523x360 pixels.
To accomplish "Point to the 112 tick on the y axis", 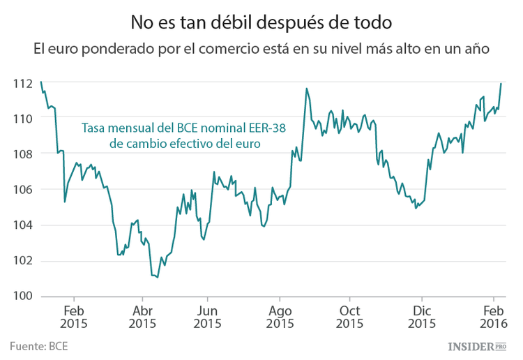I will [22, 84].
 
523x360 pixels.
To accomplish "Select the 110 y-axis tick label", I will [22, 119].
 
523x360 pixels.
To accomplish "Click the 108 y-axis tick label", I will [22, 154].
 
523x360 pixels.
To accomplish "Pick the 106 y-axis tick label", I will [22, 190].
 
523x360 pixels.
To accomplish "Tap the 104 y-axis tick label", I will [22, 225].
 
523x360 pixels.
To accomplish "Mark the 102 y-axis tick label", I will [22, 261].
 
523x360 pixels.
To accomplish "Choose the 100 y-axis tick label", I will [22, 297].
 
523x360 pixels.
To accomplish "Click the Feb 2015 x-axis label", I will [74, 317].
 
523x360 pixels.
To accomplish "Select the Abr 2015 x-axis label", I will [142, 317].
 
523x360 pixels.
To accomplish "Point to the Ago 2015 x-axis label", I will [279, 317].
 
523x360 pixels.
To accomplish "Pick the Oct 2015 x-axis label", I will [350, 317].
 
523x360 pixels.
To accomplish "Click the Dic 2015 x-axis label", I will [422, 317].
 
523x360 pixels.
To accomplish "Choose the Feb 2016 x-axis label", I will [494, 317].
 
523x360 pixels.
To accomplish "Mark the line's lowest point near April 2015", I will [157, 277].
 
